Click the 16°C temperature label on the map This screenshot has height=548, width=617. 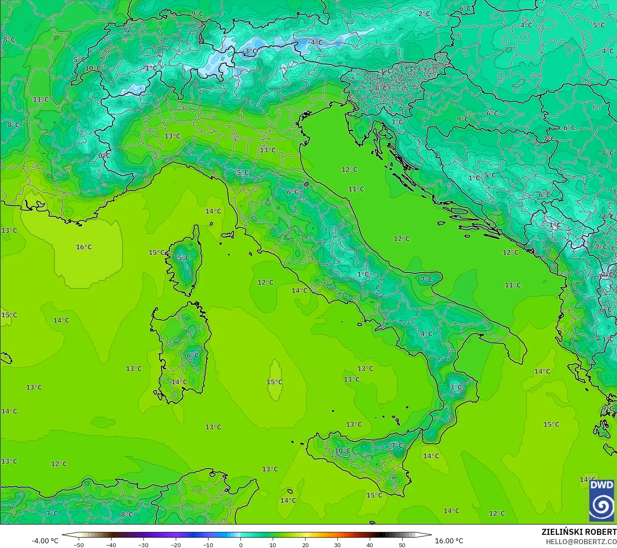[x=84, y=247]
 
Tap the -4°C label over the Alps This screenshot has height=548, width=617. [x=315, y=43]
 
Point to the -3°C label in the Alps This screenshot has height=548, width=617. [x=250, y=51]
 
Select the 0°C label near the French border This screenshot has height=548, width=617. [x=104, y=156]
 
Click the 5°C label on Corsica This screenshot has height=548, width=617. [x=183, y=258]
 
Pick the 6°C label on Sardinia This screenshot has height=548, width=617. [x=192, y=356]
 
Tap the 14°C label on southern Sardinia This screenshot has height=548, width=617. [x=179, y=382]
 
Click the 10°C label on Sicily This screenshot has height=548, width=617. [x=343, y=451]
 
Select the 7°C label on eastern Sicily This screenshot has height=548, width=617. [x=397, y=445]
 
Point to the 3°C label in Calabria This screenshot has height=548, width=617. [x=456, y=387]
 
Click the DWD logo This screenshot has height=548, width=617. [x=602, y=501]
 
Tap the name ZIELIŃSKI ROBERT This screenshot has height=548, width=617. [x=579, y=532]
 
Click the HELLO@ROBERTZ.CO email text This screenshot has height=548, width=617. [x=581, y=541]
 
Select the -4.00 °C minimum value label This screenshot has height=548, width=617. [x=45, y=541]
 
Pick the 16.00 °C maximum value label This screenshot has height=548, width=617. [x=449, y=541]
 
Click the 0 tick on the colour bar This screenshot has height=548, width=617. [x=240, y=545]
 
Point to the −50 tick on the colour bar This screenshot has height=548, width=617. [x=79, y=545]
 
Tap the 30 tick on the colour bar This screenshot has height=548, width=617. [x=337, y=545]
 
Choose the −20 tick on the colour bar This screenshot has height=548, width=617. [x=176, y=545]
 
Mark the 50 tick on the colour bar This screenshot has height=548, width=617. [x=402, y=545]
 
